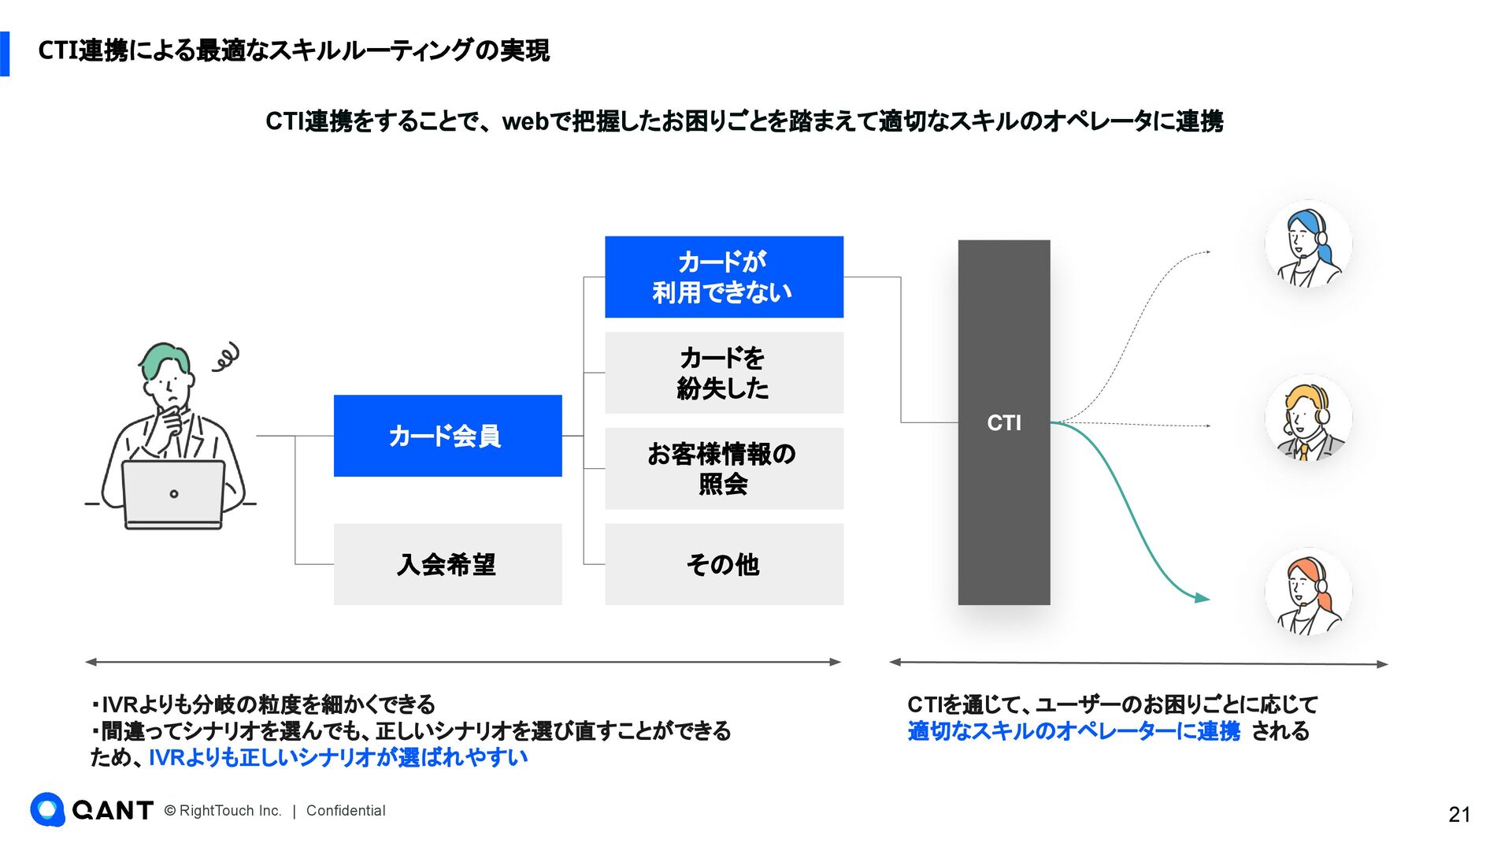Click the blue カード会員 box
[447, 436]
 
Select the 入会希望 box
[447, 564]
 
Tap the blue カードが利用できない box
[724, 277]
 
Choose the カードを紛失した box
[724, 373]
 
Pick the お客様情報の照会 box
[724, 468]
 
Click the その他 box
[724, 564]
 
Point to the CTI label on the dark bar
[1004, 423]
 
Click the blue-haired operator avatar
[1308, 244]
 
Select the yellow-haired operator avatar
[1308, 418]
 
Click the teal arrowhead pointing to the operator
[1202, 598]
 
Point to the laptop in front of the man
[173, 495]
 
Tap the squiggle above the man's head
[226, 357]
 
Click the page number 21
[1458, 815]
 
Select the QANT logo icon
[47, 809]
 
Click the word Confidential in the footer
[346, 811]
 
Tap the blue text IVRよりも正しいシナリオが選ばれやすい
[338, 757]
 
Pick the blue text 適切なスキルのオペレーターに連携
[1073, 731]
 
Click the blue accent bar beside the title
[5, 54]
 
